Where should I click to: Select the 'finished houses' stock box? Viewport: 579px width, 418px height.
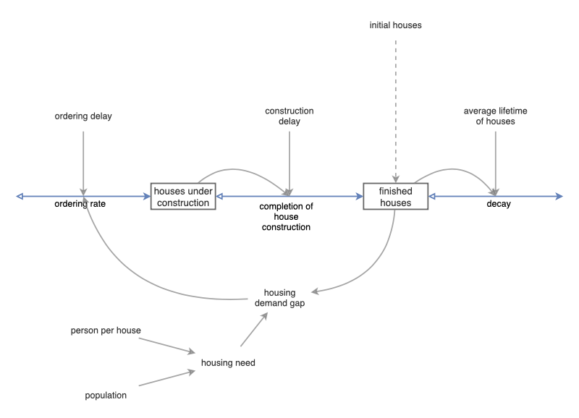pos(395,196)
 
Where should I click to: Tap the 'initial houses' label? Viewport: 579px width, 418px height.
pos(395,25)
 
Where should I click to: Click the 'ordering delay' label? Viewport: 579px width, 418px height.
pos(83,116)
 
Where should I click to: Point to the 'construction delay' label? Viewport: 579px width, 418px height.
pos(289,116)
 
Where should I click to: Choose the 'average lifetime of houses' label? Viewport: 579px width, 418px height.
pos(496,116)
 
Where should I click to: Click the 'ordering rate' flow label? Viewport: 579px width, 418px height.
pos(83,205)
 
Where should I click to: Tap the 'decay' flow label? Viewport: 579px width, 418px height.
pos(499,205)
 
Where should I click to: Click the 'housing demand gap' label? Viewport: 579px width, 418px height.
pos(279,298)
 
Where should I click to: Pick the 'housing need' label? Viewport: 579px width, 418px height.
pos(228,362)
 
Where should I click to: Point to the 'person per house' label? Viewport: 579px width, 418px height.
pos(105,330)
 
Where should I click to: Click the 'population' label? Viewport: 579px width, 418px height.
pos(105,395)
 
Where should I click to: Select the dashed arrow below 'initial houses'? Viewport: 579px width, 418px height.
pos(395,108)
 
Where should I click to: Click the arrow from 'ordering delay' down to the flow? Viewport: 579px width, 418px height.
pos(83,159)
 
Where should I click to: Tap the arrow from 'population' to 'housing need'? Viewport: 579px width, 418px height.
pos(166,378)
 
